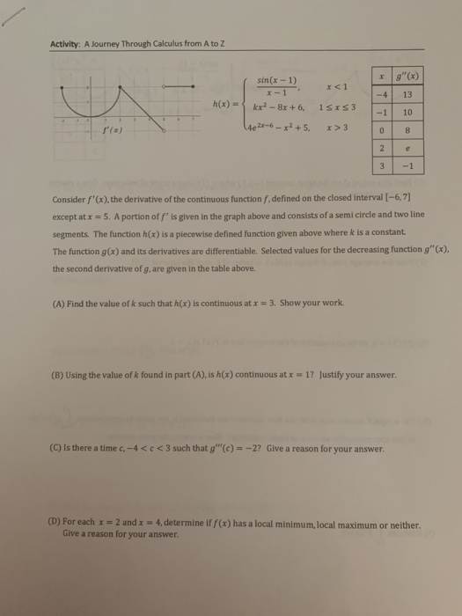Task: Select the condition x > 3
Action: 338,127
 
